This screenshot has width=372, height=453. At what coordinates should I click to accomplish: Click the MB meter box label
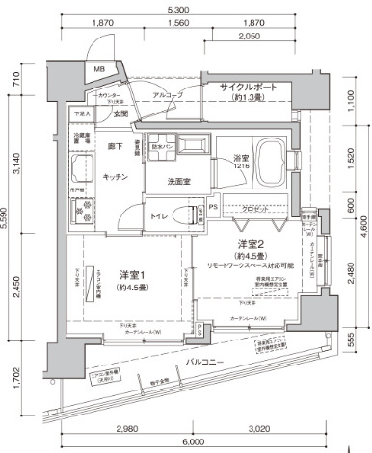99,70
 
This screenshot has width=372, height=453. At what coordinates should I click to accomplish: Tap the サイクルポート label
248,88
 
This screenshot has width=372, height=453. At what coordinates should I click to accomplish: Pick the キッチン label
117,178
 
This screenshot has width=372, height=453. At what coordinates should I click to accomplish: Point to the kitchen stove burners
80,210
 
